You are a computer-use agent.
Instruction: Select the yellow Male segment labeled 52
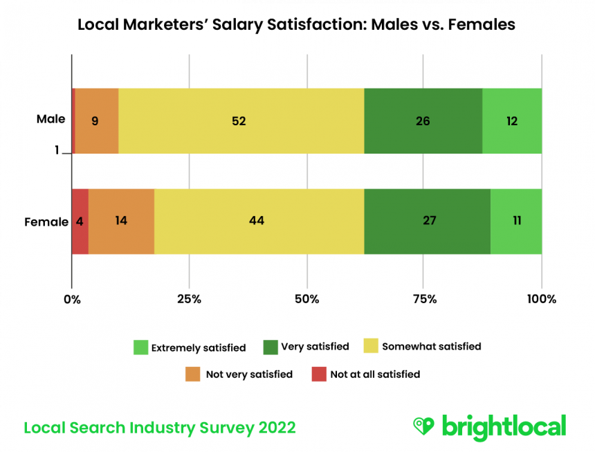(241, 121)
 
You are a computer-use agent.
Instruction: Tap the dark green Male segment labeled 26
(423, 121)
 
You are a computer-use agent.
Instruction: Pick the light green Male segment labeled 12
(512, 121)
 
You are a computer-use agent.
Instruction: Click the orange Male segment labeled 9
(96, 121)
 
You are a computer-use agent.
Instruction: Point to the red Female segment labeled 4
(80, 222)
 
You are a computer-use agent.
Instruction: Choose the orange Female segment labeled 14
(121, 222)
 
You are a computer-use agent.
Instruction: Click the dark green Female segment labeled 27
(427, 222)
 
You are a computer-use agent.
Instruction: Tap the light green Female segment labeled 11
(516, 222)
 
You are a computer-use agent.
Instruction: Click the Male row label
(51, 119)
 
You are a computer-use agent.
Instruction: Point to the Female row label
(46, 222)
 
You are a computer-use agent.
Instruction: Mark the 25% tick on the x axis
(189, 299)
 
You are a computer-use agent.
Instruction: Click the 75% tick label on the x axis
(424, 299)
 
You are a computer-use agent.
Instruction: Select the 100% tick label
(541, 299)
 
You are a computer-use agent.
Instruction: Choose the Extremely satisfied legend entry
(190, 347)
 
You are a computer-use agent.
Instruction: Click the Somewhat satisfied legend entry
(423, 346)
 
